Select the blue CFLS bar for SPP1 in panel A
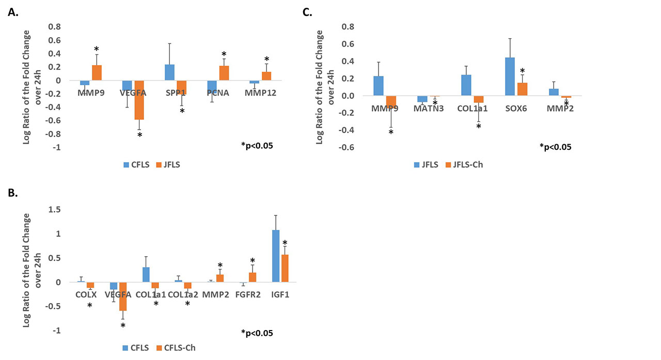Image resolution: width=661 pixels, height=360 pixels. click(x=169, y=72)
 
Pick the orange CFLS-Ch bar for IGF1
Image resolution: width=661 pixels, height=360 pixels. click(x=284, y=268)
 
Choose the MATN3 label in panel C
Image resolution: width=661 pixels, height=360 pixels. click(x=428, y=108)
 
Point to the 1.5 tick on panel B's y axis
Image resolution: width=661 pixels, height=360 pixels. click(x=54, y=209)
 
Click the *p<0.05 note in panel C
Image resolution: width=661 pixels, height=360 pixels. click(x=555, y=147)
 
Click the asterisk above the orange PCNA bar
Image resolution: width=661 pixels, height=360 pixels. click(x=224, y=54)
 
